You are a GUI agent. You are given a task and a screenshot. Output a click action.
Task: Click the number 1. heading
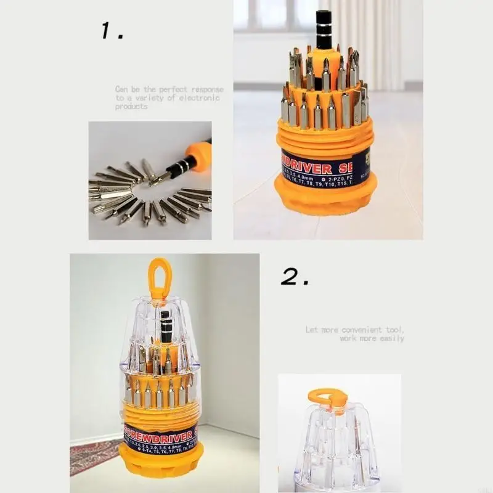click(112, 31)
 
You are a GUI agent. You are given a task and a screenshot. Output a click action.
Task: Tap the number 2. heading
click(295, 277)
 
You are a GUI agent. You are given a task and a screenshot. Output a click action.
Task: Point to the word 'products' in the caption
click(131, 107)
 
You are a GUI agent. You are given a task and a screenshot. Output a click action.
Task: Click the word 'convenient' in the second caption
click(362, 330)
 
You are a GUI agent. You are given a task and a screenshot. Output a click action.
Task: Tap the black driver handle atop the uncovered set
click(324, 31)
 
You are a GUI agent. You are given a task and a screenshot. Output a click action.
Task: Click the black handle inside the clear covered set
click(165, 325)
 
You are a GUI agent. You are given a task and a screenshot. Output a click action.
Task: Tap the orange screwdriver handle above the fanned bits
click(199, 151)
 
